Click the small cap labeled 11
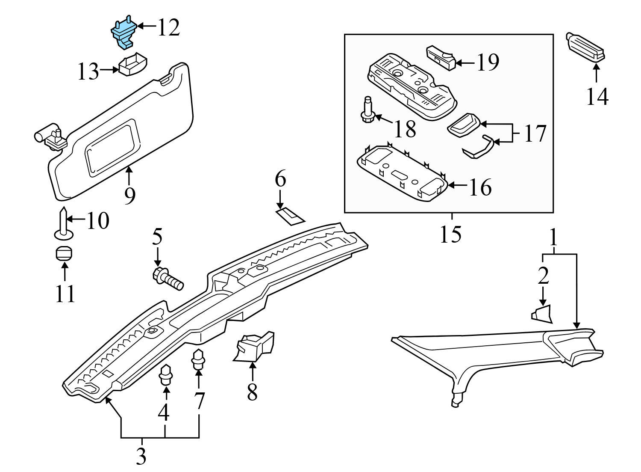[64, 253]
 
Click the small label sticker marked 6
[291, 216]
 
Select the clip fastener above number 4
[165, 375]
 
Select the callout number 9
[129, 196]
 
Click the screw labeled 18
[368, 111]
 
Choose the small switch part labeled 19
[440, 57]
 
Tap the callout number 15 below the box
[450, 234]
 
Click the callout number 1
[553, 237]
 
